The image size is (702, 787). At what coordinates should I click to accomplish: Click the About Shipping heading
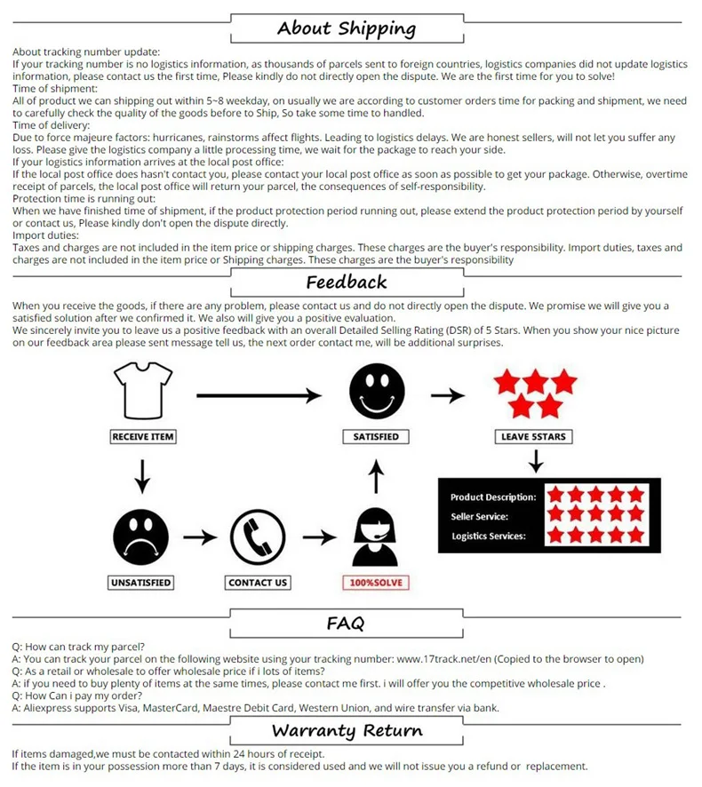pyautogui.click(x=346, y=28)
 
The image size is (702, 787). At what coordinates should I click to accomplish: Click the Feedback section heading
pyautogui.click(x=346, y=282)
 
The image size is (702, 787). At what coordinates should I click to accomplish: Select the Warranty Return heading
pyautogui.click(x=347, y=731)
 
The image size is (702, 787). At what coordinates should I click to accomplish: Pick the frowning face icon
pyautogui.click(x=140, y=536)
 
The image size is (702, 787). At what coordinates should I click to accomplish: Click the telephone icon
pyautogui.click(x=257, y=537)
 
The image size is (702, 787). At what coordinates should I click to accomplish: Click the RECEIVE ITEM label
pyautogui.click(x=142, y=437)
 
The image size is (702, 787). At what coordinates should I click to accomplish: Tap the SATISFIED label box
pyautogui.click(x=376, y=437)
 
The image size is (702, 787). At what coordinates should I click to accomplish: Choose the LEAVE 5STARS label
pyautogui.click(x=534, y=437)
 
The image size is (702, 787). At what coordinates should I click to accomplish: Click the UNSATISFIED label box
pyautogui.click(x=140, y=583)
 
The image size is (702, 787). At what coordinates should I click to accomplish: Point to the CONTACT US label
pyautogui.click(x=258, y=583)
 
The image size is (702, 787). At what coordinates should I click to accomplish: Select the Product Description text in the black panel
pyautogui.click(x=492, y=497)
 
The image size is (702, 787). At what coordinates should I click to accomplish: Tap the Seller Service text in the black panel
pyautogui.click(x=479, y=517)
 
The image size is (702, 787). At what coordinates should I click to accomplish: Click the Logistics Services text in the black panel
pyautogui.click(x=489, y=537)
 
